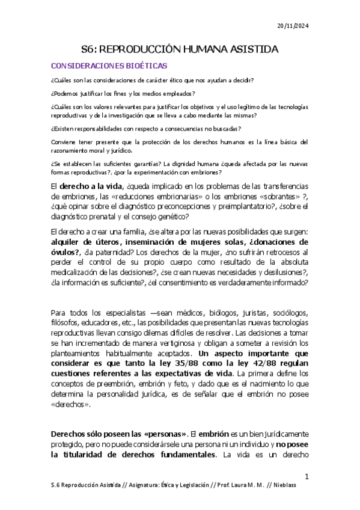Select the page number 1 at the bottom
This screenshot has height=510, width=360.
tap(307, 477)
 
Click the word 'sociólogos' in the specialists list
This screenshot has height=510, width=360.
tap(288, 313)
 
